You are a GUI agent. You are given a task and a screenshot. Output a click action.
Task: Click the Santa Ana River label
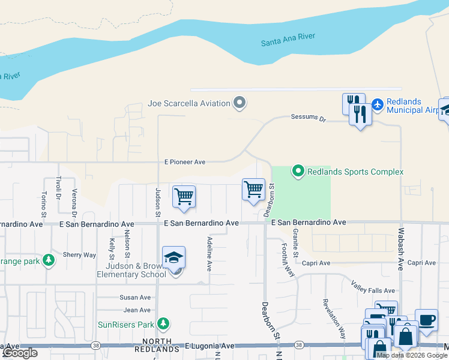tap(288, 40)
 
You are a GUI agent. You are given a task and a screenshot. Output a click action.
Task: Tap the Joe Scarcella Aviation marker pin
tap(240, 103)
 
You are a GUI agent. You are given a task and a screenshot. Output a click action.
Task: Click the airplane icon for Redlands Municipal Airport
tap(378, 105)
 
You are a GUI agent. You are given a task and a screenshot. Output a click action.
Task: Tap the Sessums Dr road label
tap(307, 118)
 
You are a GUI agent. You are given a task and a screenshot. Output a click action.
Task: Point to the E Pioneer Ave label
tap(185, 162)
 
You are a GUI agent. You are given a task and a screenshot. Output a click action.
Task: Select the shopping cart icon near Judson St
tap(184, 196)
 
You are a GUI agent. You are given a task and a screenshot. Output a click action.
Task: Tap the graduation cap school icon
tap(173, 257)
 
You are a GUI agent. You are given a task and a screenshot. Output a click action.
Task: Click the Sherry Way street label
tap(79, 255)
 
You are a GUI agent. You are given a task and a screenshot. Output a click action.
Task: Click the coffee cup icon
tap(426, 320)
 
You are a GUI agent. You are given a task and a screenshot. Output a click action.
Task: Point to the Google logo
tap(19, 353)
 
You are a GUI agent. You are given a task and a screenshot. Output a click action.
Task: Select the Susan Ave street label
tap(136, 298)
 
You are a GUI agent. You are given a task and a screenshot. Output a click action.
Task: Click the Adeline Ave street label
tap(209, 254)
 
